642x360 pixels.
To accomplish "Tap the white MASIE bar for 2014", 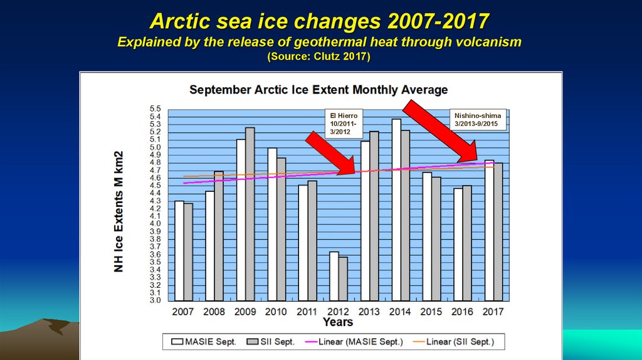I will pos(396,209).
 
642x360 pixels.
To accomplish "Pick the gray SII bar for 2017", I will pos(498,231).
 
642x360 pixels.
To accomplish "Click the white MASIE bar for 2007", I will pos(179,250).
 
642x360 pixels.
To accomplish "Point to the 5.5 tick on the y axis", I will pos(155,109).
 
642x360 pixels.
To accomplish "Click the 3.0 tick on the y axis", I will pos(155,300).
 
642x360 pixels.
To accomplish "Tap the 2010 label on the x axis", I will pos(276,311).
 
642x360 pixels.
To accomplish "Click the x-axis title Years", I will pos(337,322).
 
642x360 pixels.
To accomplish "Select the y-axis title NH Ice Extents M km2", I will pos(118,211).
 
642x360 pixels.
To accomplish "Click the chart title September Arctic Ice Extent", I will pos(318,90).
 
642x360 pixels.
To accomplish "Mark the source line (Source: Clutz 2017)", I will pos(319,56).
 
